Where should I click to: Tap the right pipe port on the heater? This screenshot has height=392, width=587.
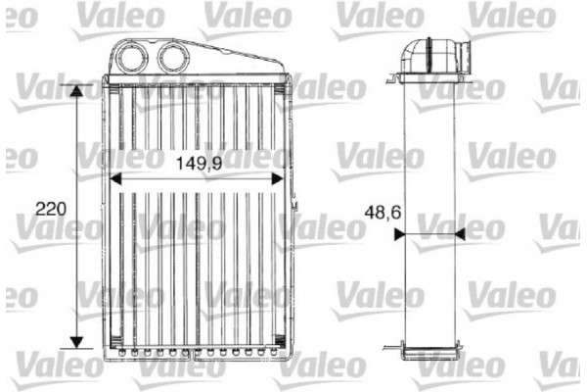pos(173,56)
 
